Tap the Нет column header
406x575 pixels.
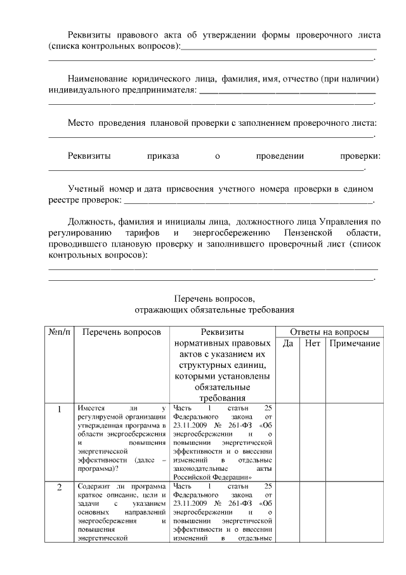[x=312, y=343]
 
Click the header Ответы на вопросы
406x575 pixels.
[x=329, y=332]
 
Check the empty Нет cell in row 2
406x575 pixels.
[x=312, y=512]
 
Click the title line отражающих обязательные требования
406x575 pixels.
[x=214, y=310]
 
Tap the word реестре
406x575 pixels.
[x=64, y=200]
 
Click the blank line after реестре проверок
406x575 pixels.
[x=248, y=202]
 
